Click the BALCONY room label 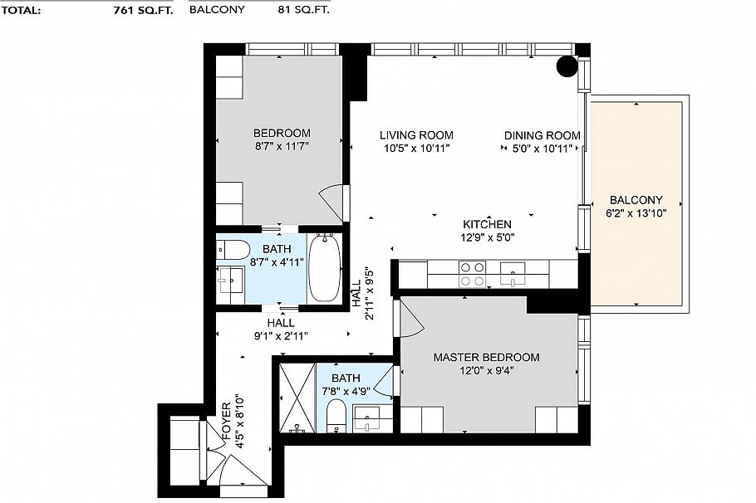[636, 200]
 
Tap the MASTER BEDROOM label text [486, 358]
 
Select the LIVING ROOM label [416, 135]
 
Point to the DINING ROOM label [542, 135]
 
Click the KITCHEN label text [487, 224]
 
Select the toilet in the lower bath [336, 416]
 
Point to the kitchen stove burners [473, 274]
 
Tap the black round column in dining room [568, 66]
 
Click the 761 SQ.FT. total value [143, 11]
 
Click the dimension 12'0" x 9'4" [486, 371]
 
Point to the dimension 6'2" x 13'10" [636, 213]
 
